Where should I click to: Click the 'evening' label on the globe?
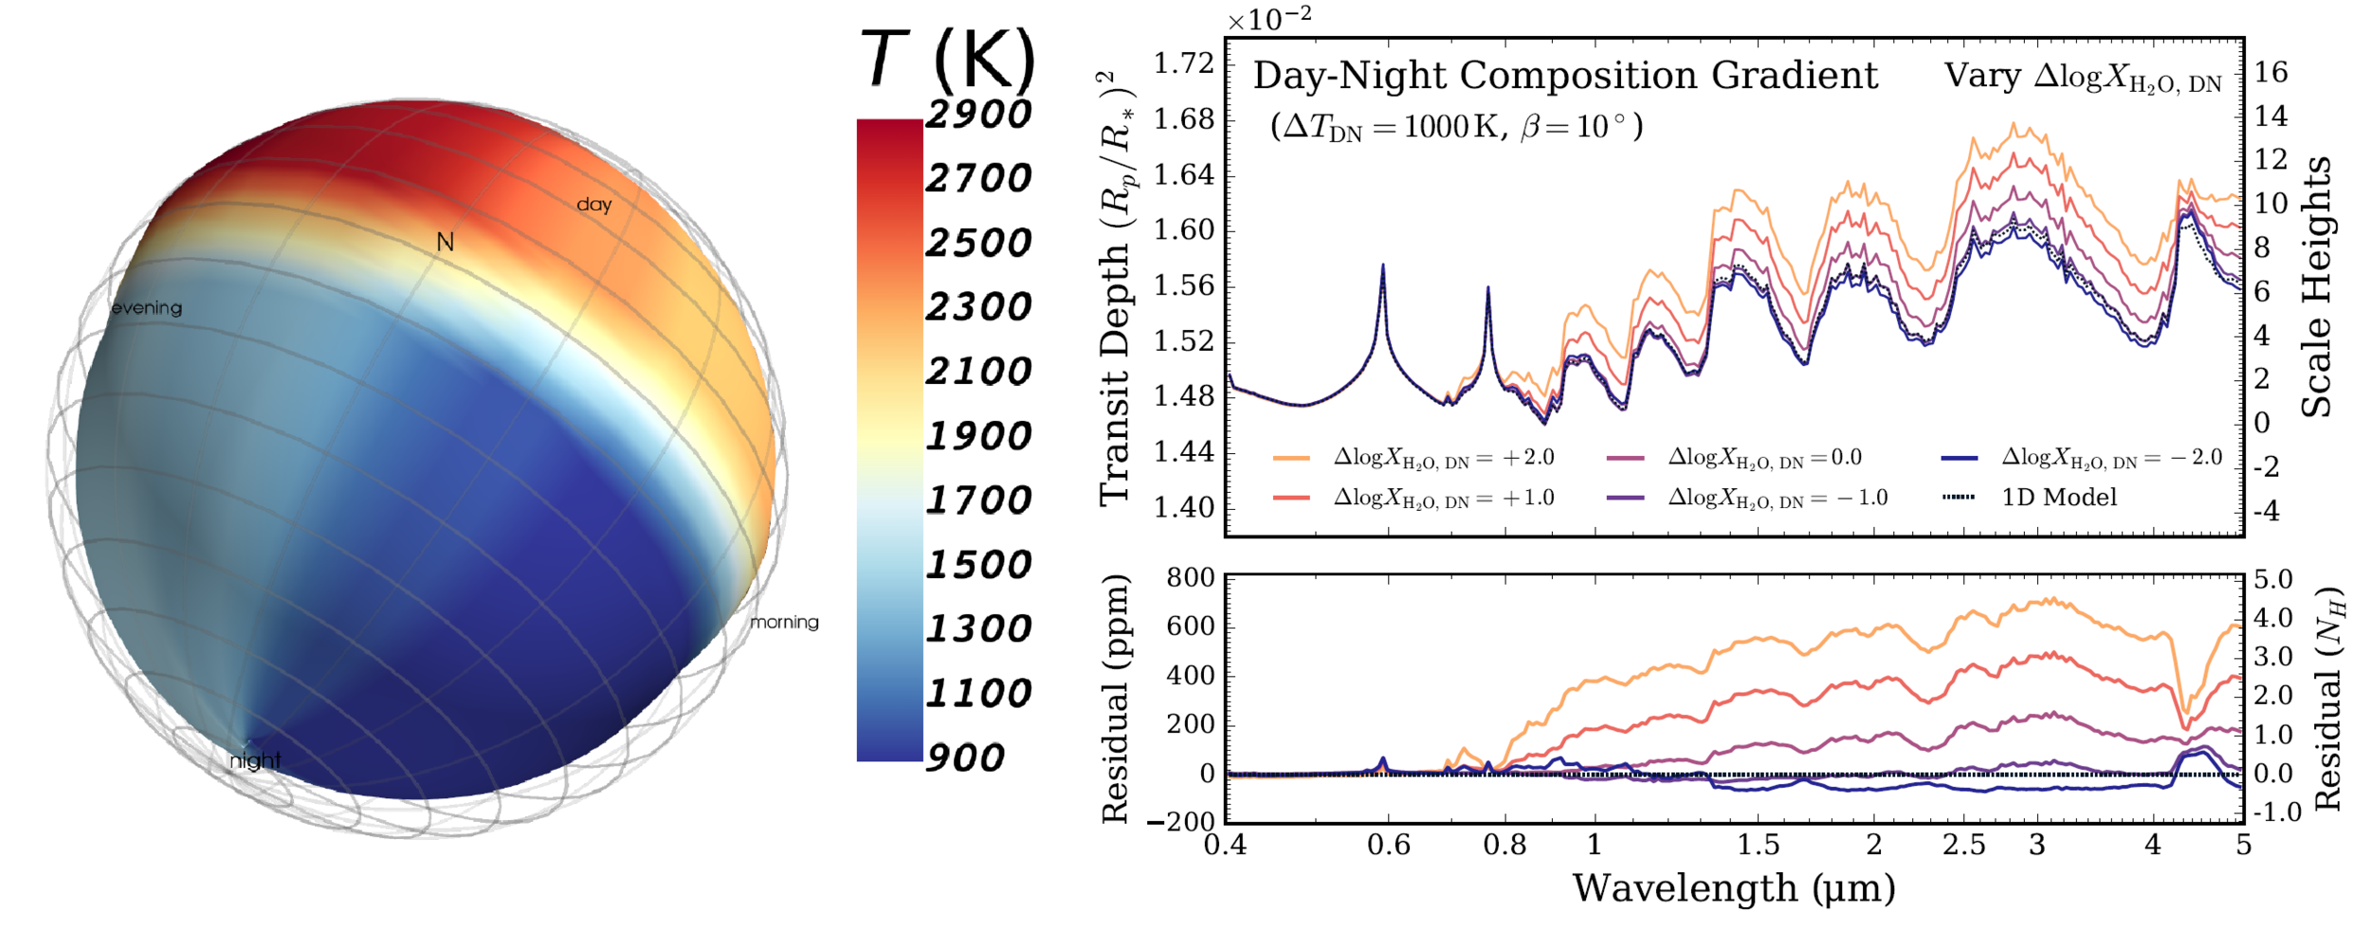coord(147,308)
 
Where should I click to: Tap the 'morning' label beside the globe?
coord(784,622)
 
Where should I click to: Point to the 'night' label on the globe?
coord(255,760)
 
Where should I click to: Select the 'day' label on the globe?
coord(594,204)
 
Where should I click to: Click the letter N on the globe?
coord(445,243)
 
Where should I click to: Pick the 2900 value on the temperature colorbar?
coord(977,114)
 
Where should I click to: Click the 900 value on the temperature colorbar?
coord(964,757)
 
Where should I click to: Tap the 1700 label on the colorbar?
coord(977,500)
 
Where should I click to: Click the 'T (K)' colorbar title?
coord(948,59)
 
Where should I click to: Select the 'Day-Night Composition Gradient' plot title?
coord(1565,76)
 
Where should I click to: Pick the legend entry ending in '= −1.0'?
coord(1777,497)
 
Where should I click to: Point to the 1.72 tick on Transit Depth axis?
coord(1183,64)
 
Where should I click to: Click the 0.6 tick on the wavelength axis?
coord(1389,845)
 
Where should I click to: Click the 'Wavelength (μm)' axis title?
coord(1734,889)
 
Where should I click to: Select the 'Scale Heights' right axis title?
coord(2317,286)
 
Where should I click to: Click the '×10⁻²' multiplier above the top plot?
coord(1269,19)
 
